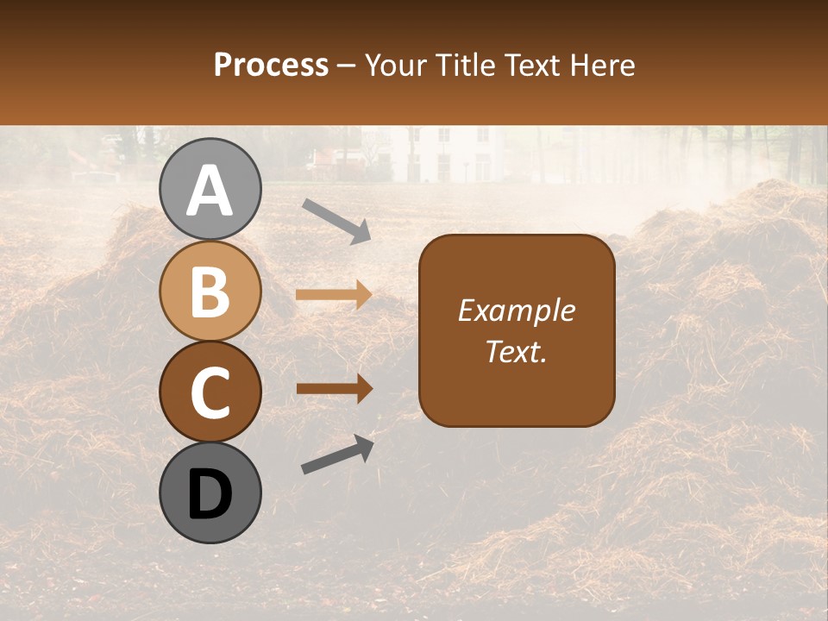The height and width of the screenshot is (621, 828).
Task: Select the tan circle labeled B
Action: (x=210, y=292)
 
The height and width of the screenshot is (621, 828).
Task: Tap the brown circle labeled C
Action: (x=210, y=392)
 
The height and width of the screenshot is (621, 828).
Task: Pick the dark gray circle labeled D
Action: (x=210, y=492)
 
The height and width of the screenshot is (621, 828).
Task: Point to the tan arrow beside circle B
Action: (x=333, y=295)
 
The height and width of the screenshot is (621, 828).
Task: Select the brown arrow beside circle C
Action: (x=334, y=389)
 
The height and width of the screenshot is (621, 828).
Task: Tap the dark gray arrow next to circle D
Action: (x=337, y=455)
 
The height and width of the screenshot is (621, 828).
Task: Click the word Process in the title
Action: (x=271, y=65)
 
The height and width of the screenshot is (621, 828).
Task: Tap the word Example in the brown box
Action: (x=516, y=310)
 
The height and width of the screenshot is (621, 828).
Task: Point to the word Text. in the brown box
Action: (x=516, y=351)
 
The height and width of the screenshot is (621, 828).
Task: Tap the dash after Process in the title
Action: (x=347, y=66)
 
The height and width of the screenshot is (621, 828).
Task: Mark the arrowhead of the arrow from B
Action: (x=361, y=295)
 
